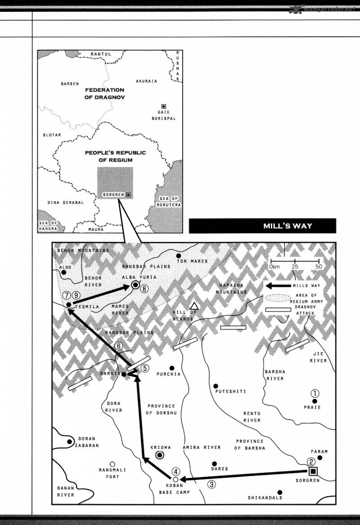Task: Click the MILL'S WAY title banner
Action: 262,226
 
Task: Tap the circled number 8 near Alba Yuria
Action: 144,290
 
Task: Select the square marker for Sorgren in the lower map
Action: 313,471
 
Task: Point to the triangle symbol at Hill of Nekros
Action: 194,306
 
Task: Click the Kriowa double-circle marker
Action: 159,455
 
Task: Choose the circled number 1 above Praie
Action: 315,393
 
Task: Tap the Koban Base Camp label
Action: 175,489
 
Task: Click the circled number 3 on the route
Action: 211,484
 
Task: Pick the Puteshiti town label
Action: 231,391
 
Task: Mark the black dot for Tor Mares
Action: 178,256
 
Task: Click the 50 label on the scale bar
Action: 319,267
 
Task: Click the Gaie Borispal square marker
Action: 163,106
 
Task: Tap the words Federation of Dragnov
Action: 104,93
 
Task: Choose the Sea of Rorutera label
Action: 169,202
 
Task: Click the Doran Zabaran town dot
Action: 70,442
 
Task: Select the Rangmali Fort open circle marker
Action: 112,464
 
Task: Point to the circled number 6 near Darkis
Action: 118,346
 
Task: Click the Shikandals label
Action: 265,498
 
